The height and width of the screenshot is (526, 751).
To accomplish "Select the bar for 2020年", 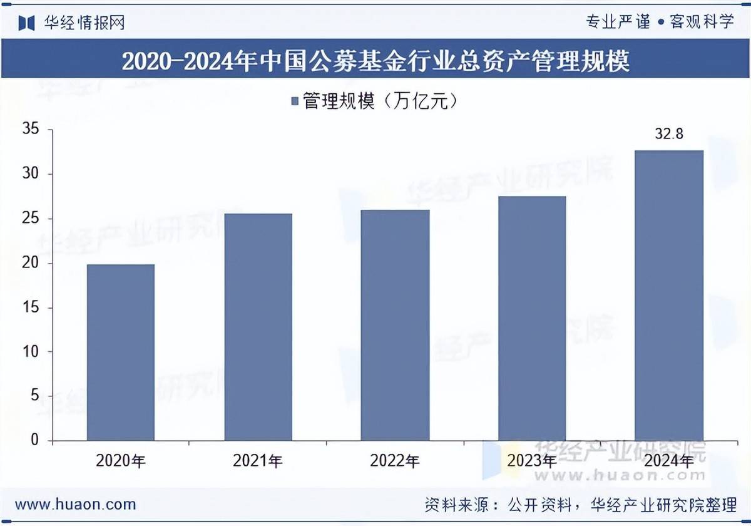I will tap(121, 353).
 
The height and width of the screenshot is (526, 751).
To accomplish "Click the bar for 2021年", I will tap(258, 327).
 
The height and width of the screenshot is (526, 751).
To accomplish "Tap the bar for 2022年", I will tap(395, 325).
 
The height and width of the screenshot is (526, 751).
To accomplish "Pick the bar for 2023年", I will tap(532, 318).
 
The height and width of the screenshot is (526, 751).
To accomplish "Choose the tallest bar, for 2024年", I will tap(669, 296).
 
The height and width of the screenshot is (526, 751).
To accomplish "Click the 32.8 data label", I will tap(669, 134).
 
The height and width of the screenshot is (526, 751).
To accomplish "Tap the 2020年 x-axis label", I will tap(121, 462).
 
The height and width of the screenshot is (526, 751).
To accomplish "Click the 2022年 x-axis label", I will tap(395, 462).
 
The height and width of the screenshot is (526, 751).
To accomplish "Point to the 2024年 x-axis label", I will tap(669, 462).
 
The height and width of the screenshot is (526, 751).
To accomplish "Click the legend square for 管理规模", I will tap(294, 101).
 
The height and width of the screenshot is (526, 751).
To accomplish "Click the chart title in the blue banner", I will tap(375, 62).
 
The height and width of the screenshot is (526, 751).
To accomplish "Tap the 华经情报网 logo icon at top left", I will tap(26, 23).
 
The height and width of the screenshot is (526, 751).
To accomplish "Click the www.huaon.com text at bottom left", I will tap(75, 504).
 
